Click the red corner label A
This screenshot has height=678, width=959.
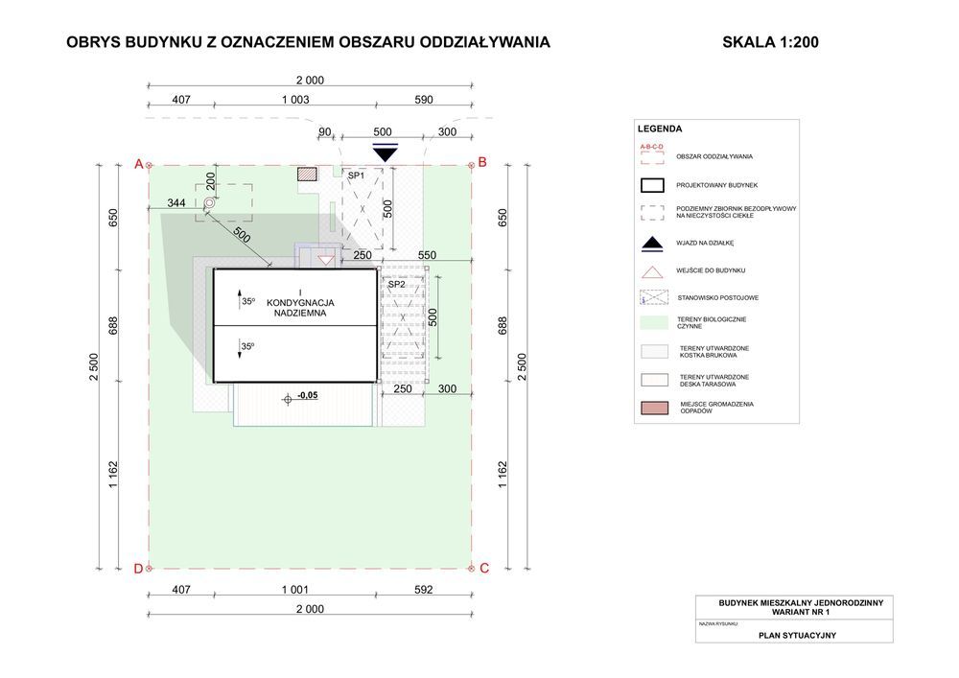click(138, 164)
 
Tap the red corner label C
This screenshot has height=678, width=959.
click(484, 568)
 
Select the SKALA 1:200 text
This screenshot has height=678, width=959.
click(770, 42)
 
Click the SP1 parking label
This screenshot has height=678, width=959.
click(356, 176)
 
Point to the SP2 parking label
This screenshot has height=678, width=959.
click(395, 284)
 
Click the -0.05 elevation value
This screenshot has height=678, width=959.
click(308, 395)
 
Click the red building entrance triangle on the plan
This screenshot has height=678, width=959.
click(326, 260)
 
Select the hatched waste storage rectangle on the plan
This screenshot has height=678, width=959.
click(307, 175)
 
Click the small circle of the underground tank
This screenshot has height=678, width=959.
click(209, 203)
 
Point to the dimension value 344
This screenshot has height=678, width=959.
click(176, 203)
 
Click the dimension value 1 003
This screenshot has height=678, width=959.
click(294, 100)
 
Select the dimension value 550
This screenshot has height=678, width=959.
click(427, 255)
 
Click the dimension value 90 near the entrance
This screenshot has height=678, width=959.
click(324, 131)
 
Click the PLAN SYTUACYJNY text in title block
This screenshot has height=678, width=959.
click(795, 634)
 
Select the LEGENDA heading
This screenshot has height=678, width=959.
click(660, 129)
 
